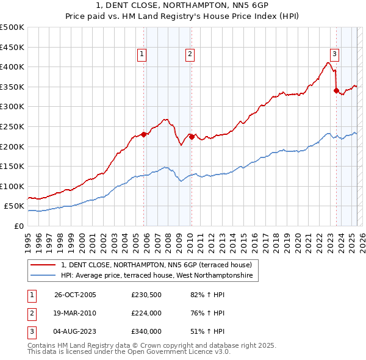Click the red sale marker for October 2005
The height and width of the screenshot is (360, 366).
(x=144, y=134)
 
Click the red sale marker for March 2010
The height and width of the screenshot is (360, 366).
(x=191, y=137)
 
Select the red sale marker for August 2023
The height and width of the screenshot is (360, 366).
(x=336, y=91)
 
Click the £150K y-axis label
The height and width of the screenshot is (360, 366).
(x=12, y=166)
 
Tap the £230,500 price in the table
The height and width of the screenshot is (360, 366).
(x=146, y=295)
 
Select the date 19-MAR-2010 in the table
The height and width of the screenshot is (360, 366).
(x=75, y=313)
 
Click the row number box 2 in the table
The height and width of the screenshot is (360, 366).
(x=30, y=313)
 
